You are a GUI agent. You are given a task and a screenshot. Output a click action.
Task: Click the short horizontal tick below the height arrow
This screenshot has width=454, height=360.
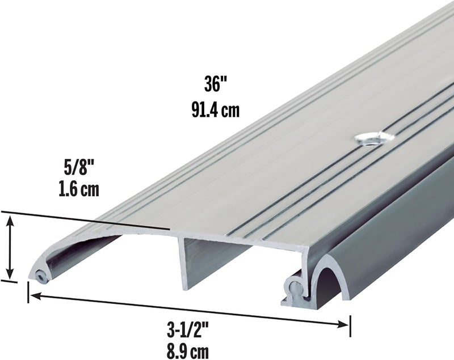click(x=9, y=279)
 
